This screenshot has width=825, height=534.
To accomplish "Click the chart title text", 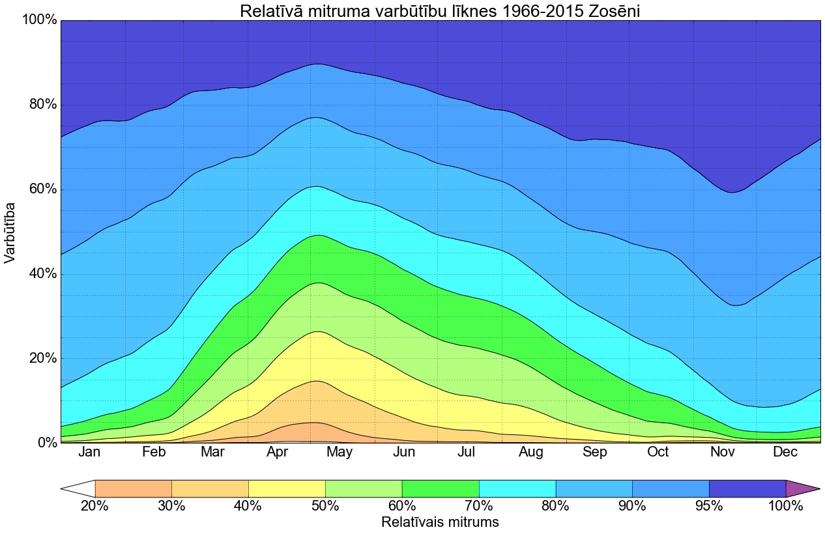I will coord(440,11).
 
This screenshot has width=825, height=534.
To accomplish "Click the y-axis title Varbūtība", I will coord(10,232).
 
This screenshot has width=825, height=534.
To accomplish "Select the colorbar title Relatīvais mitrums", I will coord(440,522).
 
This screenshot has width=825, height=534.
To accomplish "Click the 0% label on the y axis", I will coord(44,443).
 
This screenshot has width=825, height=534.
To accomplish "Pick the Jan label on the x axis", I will coord(89,453).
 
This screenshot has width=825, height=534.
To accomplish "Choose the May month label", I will coord(340,453).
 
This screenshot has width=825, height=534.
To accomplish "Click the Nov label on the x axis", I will coord(722,453).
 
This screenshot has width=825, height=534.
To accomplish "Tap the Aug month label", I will coord(530,453).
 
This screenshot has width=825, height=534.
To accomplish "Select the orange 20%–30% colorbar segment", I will coord(133,488).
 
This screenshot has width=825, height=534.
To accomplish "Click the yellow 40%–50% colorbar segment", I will coord(287,488).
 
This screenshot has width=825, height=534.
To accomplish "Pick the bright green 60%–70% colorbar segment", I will coord(441,488).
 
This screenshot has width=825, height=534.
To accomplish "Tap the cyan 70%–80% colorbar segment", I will coord(517,488).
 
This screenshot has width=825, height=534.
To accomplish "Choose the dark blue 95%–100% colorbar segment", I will coord(747,488).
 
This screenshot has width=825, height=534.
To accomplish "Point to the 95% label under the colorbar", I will coord(709,505).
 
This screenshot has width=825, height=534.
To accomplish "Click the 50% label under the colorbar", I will coord(325,505).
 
